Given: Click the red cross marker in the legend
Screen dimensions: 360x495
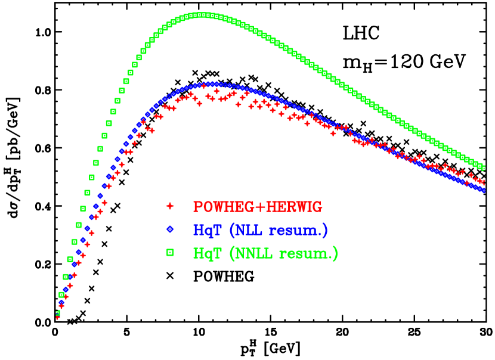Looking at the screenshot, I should pos(170,206).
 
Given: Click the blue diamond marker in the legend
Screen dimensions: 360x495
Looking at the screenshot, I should pos(170,229).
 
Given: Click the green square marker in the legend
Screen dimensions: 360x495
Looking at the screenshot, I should pos(170,253).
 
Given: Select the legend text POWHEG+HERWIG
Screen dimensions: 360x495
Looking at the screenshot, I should pos(257,207).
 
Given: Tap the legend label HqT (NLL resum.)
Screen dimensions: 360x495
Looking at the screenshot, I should pos(260,230).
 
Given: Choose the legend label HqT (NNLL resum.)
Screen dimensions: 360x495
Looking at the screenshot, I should pos(265,253).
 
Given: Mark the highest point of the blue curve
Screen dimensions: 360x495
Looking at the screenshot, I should pos(212,85).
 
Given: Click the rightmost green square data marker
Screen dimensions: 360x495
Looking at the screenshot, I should pos(483,167).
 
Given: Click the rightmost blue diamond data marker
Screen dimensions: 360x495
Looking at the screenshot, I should pos(483,191).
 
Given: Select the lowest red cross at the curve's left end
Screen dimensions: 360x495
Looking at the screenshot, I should pos(58,317).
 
